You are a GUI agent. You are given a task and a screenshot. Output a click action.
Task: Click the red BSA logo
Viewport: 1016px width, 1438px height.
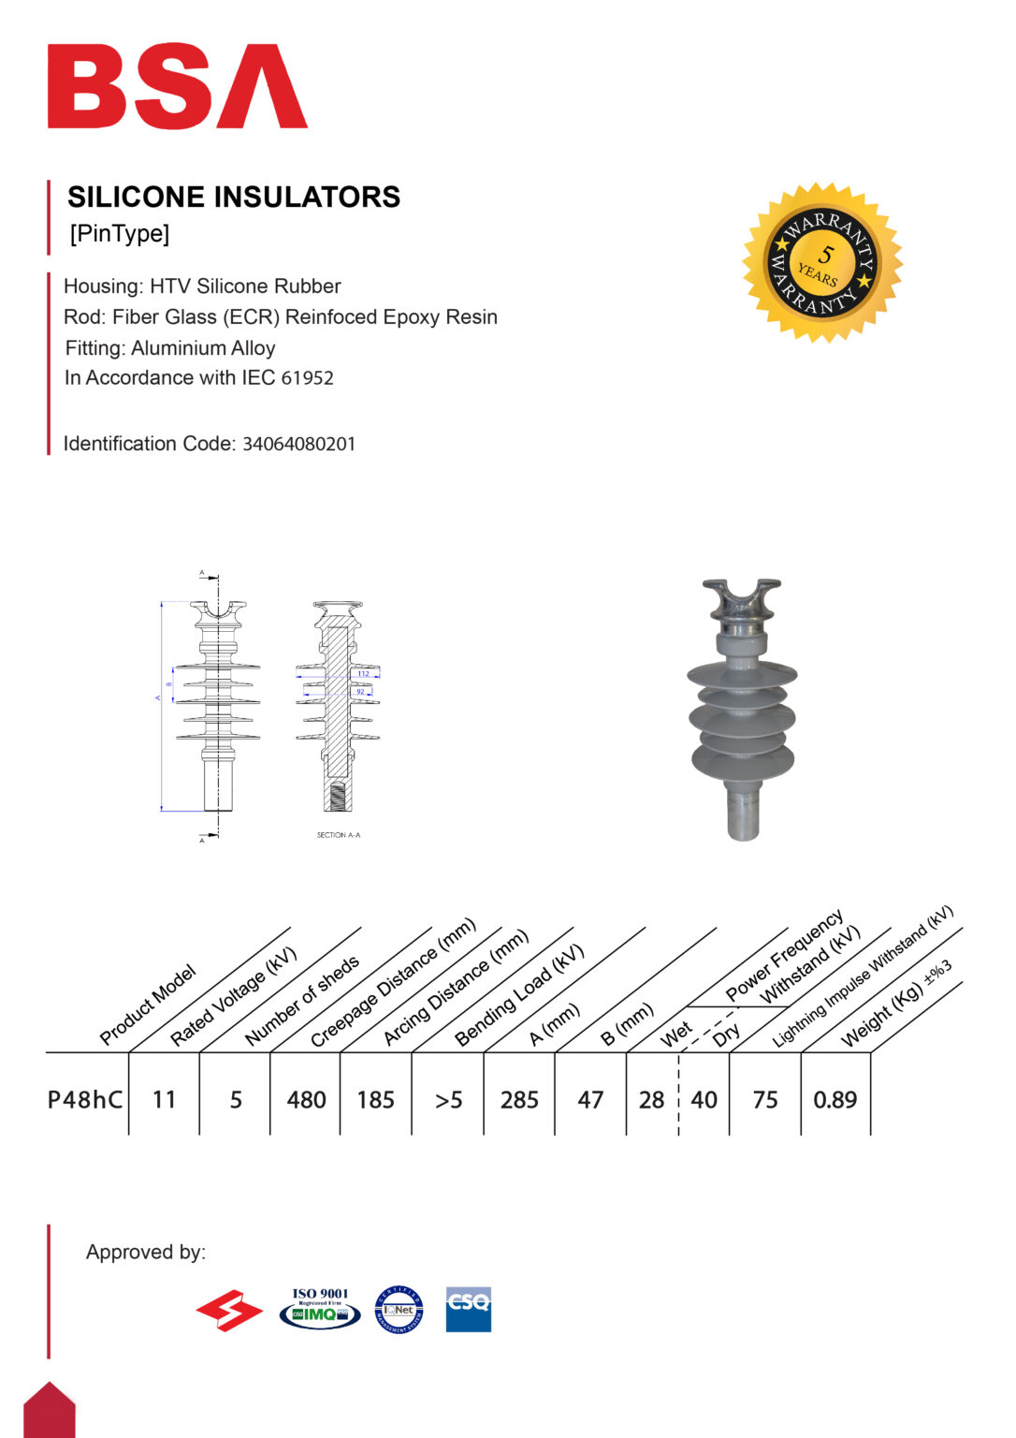pyautogui.click(x=177, y=86)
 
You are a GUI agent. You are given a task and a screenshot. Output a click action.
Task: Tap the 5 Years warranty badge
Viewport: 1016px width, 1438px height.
pyautogui.click(x=822, y=262)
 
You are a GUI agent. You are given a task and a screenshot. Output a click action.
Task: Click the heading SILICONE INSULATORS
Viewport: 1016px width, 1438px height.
pyautogui.click(x=234, y=197)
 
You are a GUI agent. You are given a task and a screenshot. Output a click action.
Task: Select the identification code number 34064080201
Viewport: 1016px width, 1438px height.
pyautogui.click(x=299, y=444)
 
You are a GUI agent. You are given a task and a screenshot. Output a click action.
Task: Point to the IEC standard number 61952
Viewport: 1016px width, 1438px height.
pyautogui.click(x=308, y=378)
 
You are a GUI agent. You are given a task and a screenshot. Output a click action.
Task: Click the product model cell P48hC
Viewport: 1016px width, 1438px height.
pyautogui.click(x=85, y=1099)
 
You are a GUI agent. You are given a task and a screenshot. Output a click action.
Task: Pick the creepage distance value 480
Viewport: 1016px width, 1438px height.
pyautogui.click(x=306, y=1099)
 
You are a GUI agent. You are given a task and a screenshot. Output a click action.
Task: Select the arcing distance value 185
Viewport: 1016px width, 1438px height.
pyautogui.click(x=375, y=1099)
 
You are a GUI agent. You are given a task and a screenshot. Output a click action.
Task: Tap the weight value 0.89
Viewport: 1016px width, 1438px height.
pyautogui.click(x=835, y=1099)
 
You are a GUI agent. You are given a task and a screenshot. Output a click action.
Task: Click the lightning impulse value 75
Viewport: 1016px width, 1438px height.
pyautogui.click(x=764, y=1099)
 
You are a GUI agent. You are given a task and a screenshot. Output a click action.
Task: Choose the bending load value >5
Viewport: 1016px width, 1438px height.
pyautogui.click(x=448, y=1099)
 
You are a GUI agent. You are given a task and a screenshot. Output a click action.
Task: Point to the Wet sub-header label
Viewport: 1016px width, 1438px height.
pyautogui.click(x=675, y=1034)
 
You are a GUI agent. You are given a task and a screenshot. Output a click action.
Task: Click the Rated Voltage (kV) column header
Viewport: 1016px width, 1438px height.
pyautogui.click(x=233, y=996)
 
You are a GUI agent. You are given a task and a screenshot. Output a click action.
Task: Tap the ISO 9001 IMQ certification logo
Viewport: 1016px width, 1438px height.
pyautogui.click(x=320, y=1308)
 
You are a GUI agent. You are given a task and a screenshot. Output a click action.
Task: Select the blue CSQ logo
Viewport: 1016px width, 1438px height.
pyautogui.click(x=468, y=1308)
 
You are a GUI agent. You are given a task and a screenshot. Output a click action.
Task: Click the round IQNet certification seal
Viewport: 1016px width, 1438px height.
pyautogui.click(x=399, y=1310)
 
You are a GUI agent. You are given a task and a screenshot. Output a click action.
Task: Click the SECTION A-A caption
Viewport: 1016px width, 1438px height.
pyautogui.click(x=338, y=835)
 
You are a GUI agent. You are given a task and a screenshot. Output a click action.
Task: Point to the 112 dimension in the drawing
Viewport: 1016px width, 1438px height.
pyautogui.click(x=363, y=674)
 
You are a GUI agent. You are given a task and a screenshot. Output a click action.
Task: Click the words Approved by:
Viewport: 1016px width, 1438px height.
pyautogui.click(x=146, y=1252)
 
